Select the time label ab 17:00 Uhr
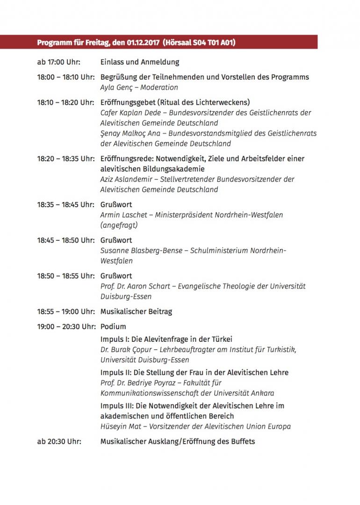59,62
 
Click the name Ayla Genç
115,87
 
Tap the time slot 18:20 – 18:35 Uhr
65,159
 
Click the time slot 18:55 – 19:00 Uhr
65,311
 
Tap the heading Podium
113,327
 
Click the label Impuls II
115,373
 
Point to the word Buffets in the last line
241,441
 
